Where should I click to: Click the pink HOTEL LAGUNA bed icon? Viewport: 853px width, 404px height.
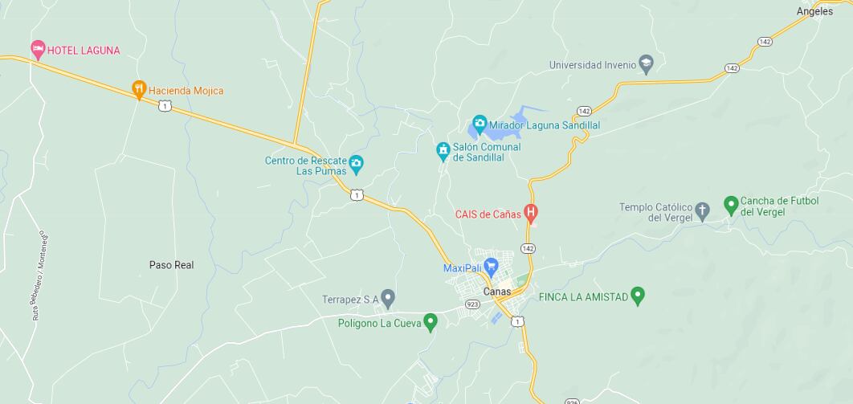37,50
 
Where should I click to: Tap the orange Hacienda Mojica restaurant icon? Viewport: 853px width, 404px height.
139,90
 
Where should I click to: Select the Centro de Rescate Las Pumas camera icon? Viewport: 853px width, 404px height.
357,165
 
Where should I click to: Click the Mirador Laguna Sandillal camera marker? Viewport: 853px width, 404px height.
480,124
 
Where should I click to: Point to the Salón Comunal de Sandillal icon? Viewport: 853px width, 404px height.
442,150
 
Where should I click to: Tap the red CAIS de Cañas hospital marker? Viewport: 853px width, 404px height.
530,213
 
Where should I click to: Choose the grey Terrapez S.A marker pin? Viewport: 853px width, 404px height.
388,299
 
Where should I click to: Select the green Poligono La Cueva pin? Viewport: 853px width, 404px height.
431,322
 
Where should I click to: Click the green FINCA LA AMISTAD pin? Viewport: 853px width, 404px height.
638,296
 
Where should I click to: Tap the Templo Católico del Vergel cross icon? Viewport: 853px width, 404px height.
702,211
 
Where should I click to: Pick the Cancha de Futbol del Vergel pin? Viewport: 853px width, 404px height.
731,204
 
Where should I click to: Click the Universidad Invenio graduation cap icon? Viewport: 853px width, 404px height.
647,64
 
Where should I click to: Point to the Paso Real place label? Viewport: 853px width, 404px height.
171,265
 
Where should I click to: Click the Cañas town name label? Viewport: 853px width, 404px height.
497,292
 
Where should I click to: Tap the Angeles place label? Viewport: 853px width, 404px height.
814,11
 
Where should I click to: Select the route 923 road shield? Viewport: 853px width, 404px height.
472,304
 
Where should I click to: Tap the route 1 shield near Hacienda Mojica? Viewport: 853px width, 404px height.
164,106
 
